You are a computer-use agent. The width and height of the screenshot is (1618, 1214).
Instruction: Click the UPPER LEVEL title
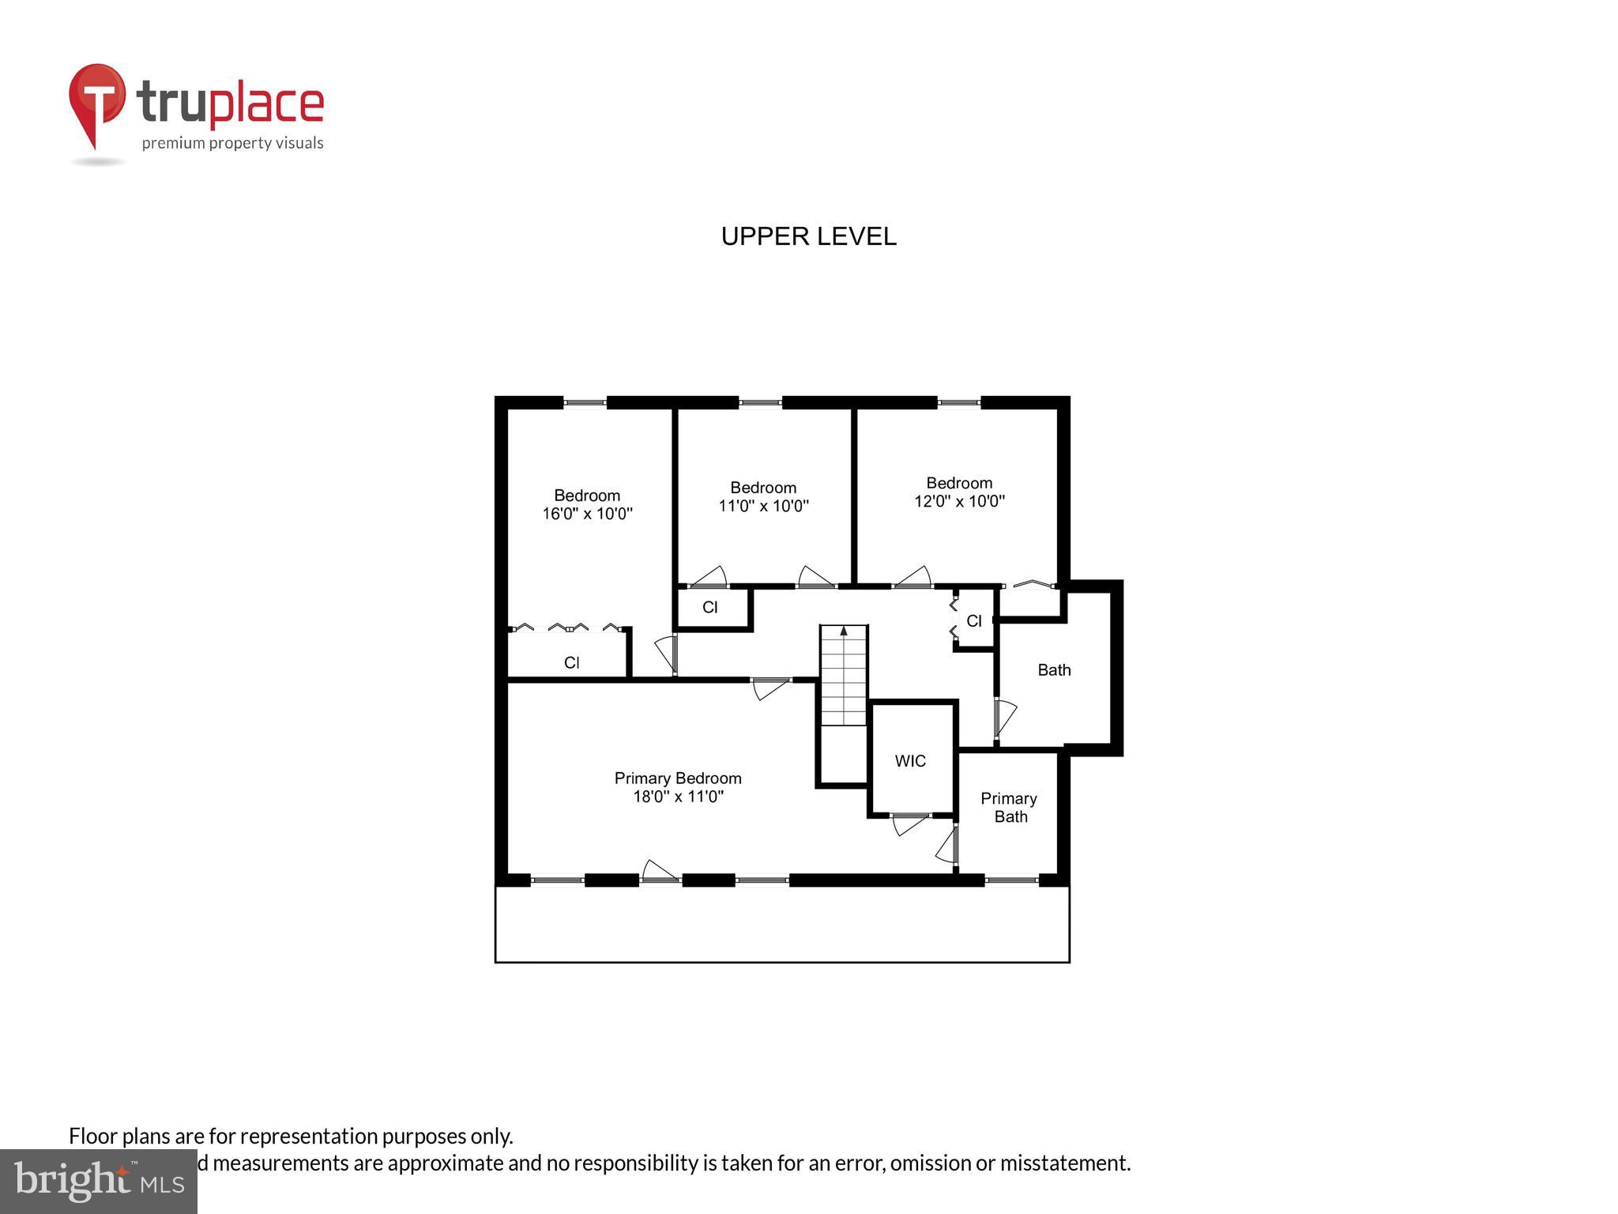click(808, 236)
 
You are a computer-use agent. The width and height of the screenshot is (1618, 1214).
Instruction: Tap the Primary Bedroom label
click(678, 779)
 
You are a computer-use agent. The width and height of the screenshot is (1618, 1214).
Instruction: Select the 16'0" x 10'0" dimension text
click(587, 514)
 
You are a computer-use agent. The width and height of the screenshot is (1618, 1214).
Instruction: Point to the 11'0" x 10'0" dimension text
click(763, 506)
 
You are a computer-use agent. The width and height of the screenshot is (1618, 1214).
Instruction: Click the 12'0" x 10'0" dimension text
click(959, 501)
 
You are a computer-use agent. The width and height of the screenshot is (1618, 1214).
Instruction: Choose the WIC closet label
click(910, 761)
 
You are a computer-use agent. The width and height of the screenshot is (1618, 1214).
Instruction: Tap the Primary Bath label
click(1010, 808)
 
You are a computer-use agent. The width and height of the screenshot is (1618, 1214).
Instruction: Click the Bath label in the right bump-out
click(1054, 670)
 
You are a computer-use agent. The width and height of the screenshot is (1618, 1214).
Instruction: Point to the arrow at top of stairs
click(844, 631)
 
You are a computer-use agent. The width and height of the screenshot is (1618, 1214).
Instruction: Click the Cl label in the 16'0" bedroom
click(572, 662)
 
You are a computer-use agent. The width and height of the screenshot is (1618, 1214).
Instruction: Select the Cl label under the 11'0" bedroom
click(710, 607)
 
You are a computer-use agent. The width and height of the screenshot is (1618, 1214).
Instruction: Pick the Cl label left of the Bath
click(974, 621)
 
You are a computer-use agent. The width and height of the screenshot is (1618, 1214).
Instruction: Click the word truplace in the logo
click(230, 104)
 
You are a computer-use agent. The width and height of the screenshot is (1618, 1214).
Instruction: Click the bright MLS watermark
click(99, 1182)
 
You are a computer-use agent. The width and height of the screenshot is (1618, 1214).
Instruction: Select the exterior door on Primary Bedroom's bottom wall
click(660, 872)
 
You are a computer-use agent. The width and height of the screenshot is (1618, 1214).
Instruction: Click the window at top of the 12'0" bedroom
click(959, 403)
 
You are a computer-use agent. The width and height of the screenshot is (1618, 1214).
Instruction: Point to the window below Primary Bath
click(1011, 880)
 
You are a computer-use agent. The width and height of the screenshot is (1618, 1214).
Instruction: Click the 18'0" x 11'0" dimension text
click(678, 797)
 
